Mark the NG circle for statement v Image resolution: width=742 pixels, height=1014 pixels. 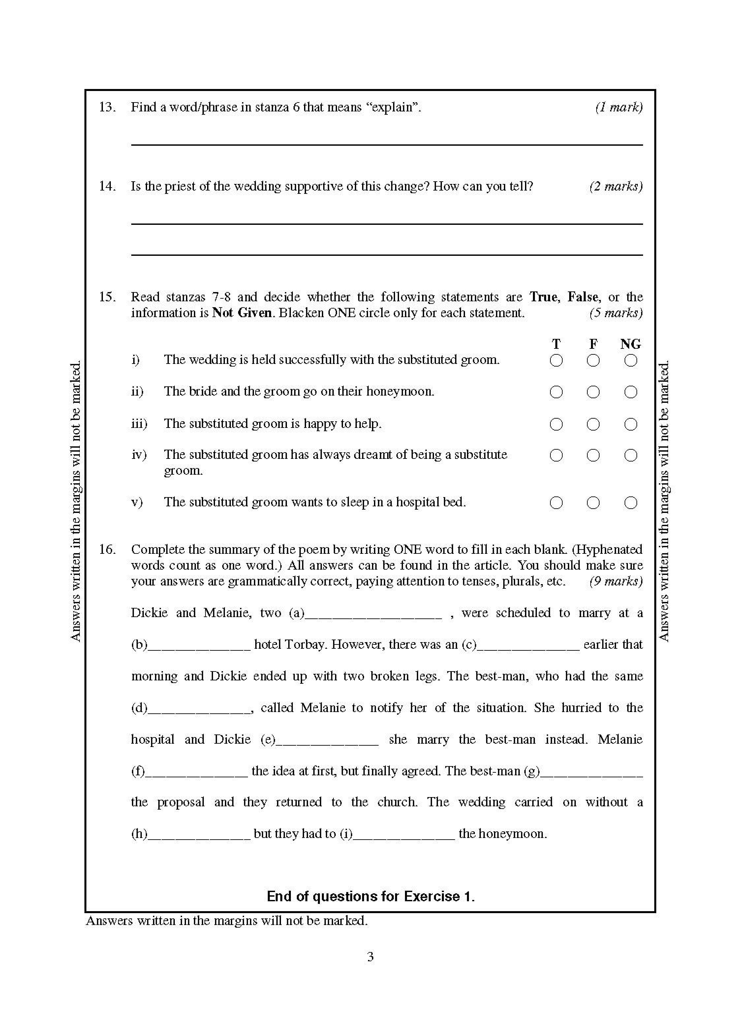[631, 502]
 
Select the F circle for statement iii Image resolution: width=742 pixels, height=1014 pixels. [593, 424]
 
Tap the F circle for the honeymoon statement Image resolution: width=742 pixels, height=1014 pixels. [593, 392]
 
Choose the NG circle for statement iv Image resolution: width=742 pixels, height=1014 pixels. [631, 455]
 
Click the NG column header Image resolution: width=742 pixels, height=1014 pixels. [631, 344]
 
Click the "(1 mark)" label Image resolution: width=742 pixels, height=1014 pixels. [619, 107]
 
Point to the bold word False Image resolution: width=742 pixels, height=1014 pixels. [582, 297]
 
